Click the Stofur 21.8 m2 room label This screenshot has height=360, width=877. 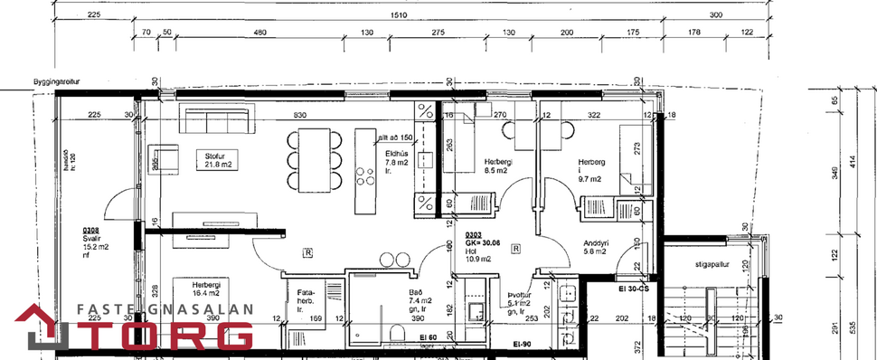213,159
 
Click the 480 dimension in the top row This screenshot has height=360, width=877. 260,33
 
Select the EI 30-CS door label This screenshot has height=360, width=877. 634,289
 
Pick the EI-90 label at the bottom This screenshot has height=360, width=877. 523,345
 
